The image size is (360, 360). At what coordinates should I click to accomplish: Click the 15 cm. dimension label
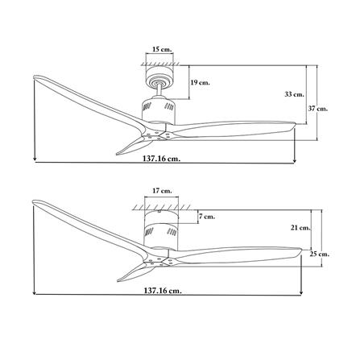162,49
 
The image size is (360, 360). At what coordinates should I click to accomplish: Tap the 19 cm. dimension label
200,82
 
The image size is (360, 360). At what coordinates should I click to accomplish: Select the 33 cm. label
294,94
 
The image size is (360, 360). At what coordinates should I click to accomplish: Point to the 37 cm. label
318,109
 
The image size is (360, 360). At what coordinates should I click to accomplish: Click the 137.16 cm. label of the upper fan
161,159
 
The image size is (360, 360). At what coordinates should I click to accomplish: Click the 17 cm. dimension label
162,191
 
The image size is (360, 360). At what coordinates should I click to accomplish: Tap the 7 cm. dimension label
207,217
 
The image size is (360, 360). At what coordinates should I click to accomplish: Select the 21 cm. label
300,228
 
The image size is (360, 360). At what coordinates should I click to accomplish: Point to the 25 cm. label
320,254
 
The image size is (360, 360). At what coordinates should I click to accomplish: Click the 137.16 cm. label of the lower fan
163,290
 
